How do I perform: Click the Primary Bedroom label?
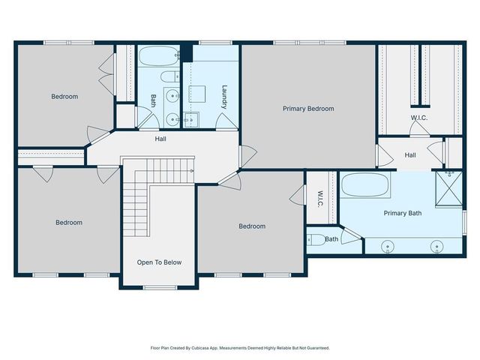308,109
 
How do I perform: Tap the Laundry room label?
224,97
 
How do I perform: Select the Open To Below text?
159,262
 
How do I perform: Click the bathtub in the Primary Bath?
365,185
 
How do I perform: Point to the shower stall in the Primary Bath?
448,188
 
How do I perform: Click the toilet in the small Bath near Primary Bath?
316,240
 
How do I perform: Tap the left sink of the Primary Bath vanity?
388,247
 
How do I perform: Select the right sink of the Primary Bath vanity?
436,247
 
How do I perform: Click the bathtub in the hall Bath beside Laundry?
159,56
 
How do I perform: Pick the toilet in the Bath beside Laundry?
170,76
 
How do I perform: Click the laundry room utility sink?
191,120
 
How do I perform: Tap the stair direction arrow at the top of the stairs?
192,171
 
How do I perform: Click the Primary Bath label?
403,213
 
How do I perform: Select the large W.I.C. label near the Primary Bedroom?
419,118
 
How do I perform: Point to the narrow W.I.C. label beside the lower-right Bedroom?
320,199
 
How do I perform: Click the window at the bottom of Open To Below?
160,287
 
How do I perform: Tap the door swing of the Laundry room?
226,121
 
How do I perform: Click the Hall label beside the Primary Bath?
410,155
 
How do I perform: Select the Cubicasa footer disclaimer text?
240,348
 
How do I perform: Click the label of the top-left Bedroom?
64,97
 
